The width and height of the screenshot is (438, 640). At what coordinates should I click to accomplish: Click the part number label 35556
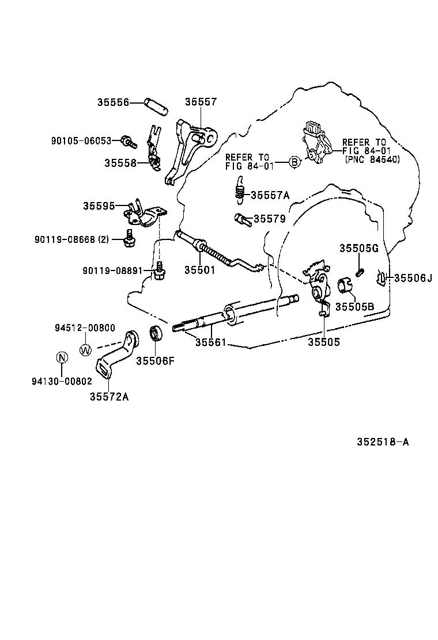click(112, 102)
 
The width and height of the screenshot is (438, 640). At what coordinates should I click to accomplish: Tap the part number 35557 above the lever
click(201, 102)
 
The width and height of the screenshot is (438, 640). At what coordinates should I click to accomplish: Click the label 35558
click(120, 163)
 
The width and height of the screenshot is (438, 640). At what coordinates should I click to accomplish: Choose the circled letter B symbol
click(294, 162)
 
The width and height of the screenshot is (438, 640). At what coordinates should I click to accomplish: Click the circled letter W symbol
click(85, 349)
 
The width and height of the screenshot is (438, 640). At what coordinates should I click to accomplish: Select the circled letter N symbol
click(62, 357)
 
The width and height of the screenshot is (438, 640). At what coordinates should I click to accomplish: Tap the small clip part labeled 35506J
click(381, 279)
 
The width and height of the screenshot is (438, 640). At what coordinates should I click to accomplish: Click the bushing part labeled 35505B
click(344, 284)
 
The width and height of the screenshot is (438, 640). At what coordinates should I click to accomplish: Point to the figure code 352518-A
click(382, 442)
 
